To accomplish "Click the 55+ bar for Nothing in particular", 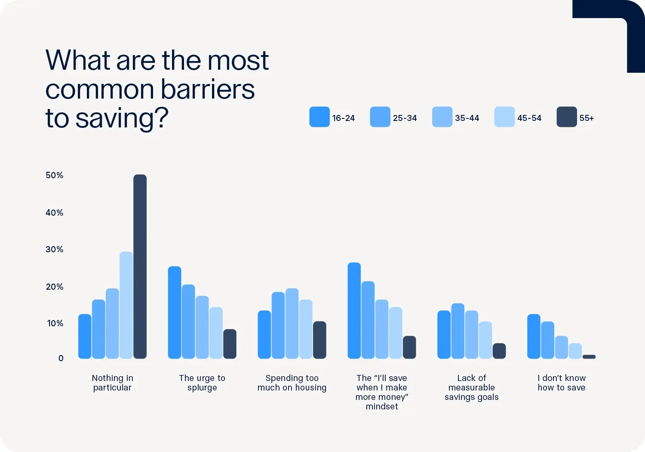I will coord(140,266).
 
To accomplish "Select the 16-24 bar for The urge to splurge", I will coord(175,313).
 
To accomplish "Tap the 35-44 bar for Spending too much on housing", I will coord(292,323).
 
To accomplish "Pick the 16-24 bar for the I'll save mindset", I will coord(354,310).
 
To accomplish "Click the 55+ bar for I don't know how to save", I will coord(589,356).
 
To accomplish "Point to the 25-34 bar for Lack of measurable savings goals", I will coord(458,331).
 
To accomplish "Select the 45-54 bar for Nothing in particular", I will coord(126,305).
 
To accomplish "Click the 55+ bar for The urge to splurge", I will coord(230,344).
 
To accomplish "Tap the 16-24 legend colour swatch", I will coord(319,117).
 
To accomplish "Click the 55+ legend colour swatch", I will coord(566,117).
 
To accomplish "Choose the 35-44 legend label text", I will coord(467,118).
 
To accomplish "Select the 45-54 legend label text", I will coord(529,118).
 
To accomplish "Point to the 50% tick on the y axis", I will coord(55,175).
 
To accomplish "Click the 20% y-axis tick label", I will coord(55,287).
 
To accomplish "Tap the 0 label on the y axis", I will coord(61,358).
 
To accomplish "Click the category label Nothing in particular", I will coord(112,383).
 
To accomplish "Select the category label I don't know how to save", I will coord(561,383).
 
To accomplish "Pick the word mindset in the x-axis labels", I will coord(382,406).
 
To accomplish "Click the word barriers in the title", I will coord(208,90).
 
